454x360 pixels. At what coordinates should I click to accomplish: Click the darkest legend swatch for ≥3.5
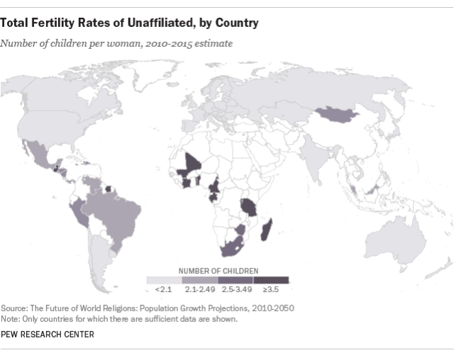[x=271, y=280]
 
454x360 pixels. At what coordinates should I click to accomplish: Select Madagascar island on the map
[x=267, y=230]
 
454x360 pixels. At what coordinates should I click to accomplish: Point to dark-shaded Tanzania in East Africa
[x=250, y=204]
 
